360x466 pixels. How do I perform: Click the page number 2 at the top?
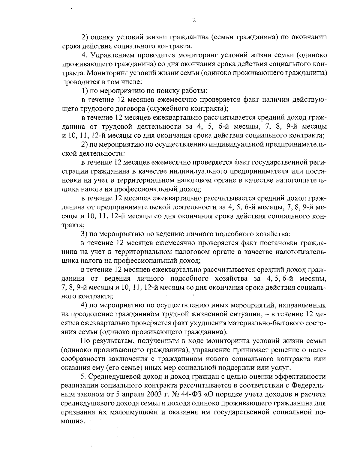coord(194,20)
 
